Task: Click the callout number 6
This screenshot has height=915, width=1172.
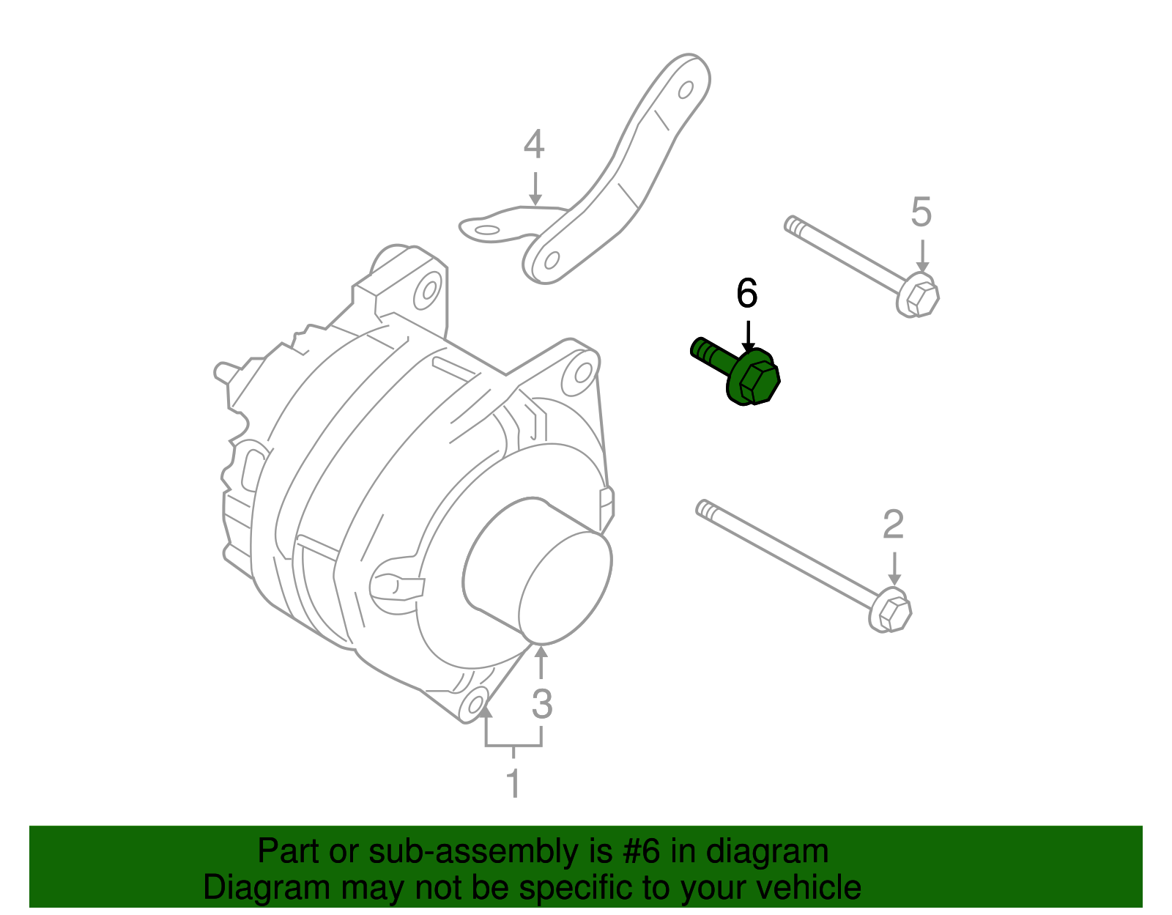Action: tap(746, 294)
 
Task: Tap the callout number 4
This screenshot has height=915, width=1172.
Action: tap(534, 144)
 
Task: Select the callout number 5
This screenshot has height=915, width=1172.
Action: tap(921, 212)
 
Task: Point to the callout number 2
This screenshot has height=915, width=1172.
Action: tap(893, 525)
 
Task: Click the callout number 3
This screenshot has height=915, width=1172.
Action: tap(541, 704)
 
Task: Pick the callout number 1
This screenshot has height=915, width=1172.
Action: tap(513, 782)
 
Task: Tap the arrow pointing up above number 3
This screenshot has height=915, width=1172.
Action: tap(541, 663)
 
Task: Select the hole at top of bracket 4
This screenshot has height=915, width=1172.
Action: tap(686, 90)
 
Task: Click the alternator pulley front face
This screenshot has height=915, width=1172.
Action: tap(564, 586)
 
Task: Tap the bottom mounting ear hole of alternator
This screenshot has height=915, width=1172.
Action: tap(475, 704)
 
